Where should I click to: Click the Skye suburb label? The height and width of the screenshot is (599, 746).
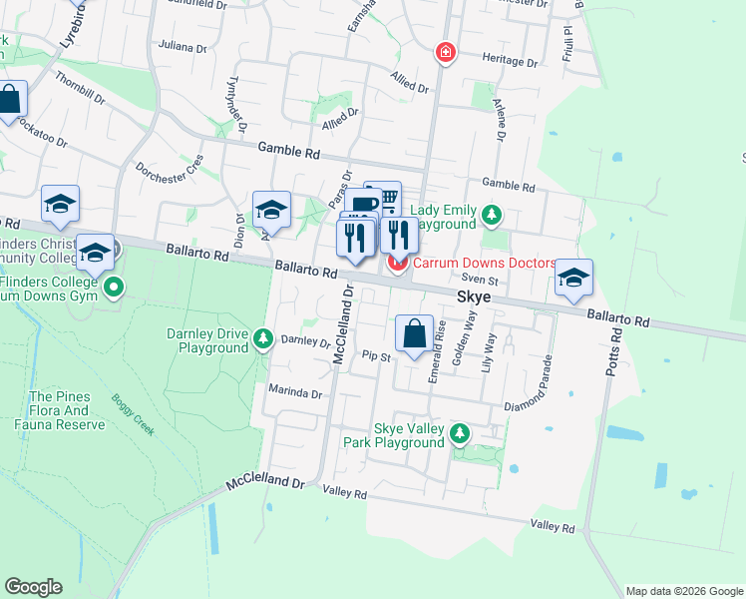[x=474, y=298]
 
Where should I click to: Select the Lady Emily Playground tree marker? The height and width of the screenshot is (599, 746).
[x=491, y=215]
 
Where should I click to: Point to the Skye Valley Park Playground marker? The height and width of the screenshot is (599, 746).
[x=459, y=434]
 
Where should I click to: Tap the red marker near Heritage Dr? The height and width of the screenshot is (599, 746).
[x=446, y=51]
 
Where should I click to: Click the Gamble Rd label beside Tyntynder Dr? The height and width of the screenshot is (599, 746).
[x=288, y=153]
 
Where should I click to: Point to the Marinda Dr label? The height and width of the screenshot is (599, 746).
[x=296, y=393]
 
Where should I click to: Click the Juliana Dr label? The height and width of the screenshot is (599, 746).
[x=182, y=47]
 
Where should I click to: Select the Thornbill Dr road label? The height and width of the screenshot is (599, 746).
[x=80, y=89]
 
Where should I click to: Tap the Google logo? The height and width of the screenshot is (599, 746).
[x=33, y=587]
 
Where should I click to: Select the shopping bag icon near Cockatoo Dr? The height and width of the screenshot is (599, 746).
[x=9, y=100]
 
